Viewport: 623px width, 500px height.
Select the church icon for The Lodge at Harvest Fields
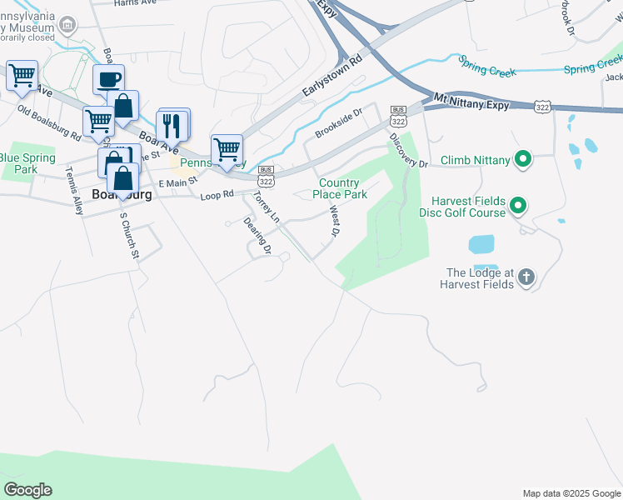point(526,277)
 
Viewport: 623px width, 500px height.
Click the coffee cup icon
point(109,80)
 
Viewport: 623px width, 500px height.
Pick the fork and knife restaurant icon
point(172,125)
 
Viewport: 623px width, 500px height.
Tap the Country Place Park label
point(343,188)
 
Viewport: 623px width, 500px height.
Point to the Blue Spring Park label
point(27,162)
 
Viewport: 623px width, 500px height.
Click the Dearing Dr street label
point(257,235)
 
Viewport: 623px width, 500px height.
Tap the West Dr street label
point(334,222)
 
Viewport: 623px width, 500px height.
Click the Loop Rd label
point(217,197)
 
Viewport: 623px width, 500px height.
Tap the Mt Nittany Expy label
point(470,100)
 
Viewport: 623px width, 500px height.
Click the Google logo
point(27,490)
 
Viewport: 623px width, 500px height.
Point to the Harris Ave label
point(137,3)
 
